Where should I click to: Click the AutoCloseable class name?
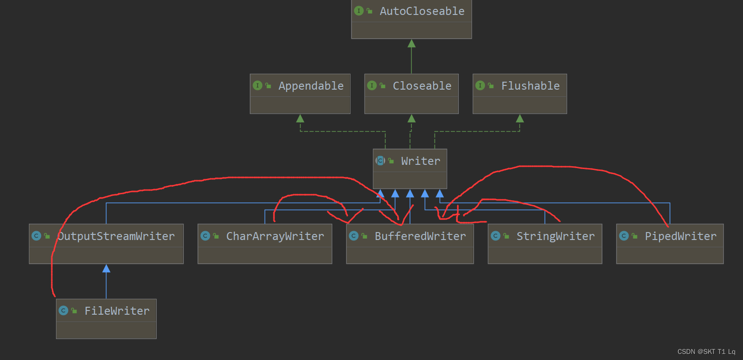[422, 11]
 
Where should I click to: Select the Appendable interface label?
[311, 86]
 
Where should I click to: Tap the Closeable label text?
[422, 86]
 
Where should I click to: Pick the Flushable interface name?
[530, 86]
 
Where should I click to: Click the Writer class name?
[421, 161]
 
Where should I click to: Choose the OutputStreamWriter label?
[116, 236]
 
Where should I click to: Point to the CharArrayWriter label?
[275, 236]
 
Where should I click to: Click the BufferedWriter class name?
[420, 236]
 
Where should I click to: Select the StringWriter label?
[555, 236]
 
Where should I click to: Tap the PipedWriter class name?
[680, 236]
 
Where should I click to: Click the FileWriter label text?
[117, 311]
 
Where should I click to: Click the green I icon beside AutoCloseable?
[359, 11]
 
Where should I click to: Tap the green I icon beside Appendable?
[257, 85]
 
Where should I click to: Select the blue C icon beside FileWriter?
[63, 311]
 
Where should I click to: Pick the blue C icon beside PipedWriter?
[624, 236]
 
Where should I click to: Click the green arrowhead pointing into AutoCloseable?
[411, 44]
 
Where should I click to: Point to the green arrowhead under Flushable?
[519, 119]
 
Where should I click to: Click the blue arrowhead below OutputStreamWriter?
[106, 268]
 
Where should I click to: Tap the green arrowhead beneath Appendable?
[300, 119]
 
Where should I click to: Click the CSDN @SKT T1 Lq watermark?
[706, 352]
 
